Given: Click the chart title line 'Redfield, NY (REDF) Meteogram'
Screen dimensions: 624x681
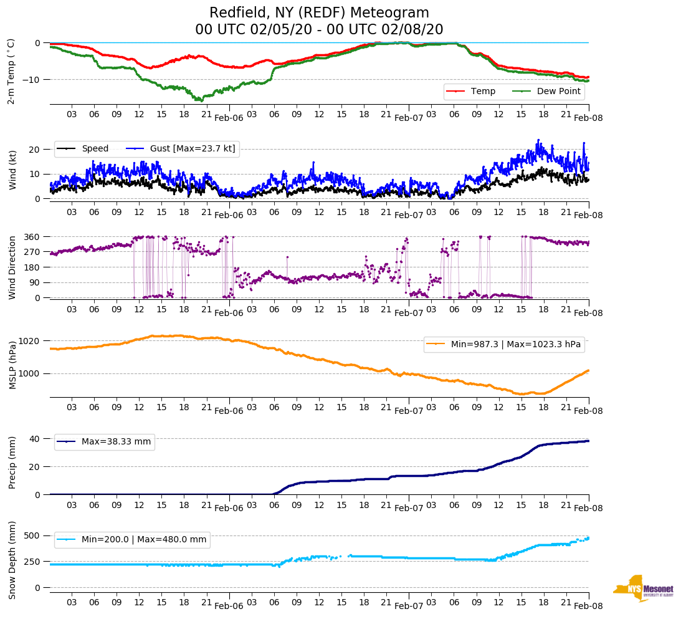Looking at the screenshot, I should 319,13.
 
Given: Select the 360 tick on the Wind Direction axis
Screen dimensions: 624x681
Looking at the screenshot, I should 32,237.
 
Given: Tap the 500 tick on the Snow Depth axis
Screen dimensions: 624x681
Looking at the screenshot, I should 32,536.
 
